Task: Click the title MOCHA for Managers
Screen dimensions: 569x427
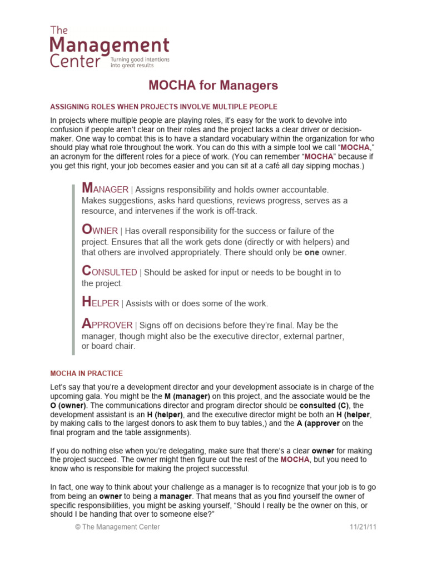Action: click(x=213, y=86)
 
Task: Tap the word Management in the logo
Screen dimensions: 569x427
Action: click(x=109, y=45)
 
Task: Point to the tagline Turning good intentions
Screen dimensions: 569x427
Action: click(x=140, y=58)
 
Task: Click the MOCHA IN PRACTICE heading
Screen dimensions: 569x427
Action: click(x=87, y=373)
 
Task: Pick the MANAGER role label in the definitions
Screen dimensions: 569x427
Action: click(x=105, y=189)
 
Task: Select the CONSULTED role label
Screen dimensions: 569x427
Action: click(x=109, y=272)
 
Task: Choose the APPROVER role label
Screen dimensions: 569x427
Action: click(x=107, y=325)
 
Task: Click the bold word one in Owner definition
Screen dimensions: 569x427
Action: click(x=313, y=252)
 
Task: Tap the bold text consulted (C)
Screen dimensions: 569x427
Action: click(x=322, y=405)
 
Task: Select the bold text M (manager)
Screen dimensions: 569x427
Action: click(x=187, y=396)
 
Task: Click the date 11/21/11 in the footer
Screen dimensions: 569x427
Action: click(x=364, y=527)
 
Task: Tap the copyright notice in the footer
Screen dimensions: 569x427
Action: click(x=117, y=527)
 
